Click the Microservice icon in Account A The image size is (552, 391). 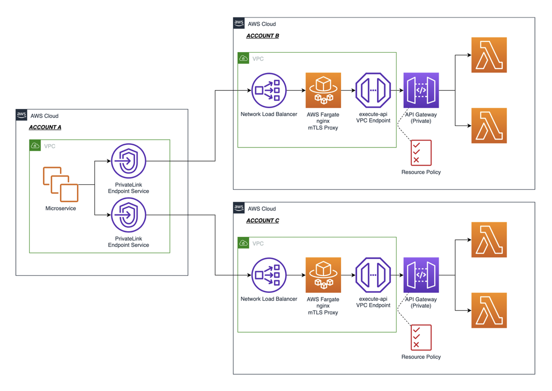pos(61,184)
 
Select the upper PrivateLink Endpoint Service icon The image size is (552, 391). pos(128,161)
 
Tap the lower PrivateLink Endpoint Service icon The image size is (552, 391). pos(128,215)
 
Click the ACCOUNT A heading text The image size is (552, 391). pos(45,127)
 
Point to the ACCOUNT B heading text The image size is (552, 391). pos(262,36)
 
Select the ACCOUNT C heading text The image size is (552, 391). pos(262,220)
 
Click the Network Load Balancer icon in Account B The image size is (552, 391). pos(269,90)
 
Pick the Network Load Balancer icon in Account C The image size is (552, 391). pos(269,275)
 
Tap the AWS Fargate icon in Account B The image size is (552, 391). pos(323,90)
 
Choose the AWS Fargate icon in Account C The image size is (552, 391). pos(323,275)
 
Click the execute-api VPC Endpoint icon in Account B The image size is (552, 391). pos(373,90)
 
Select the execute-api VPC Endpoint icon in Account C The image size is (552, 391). pos(373,275)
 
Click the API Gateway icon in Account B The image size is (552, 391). pos(421,90)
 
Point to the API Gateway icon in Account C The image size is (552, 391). pos(421,275)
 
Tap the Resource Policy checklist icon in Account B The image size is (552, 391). pos(421,153)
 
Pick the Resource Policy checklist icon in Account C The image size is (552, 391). pos(421,338)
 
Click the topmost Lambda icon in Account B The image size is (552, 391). pos(489,55)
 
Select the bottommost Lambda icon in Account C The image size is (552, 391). pos(489,310)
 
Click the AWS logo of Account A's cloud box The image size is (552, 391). pos(22,115)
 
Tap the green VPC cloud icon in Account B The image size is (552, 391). pos(244,58)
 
